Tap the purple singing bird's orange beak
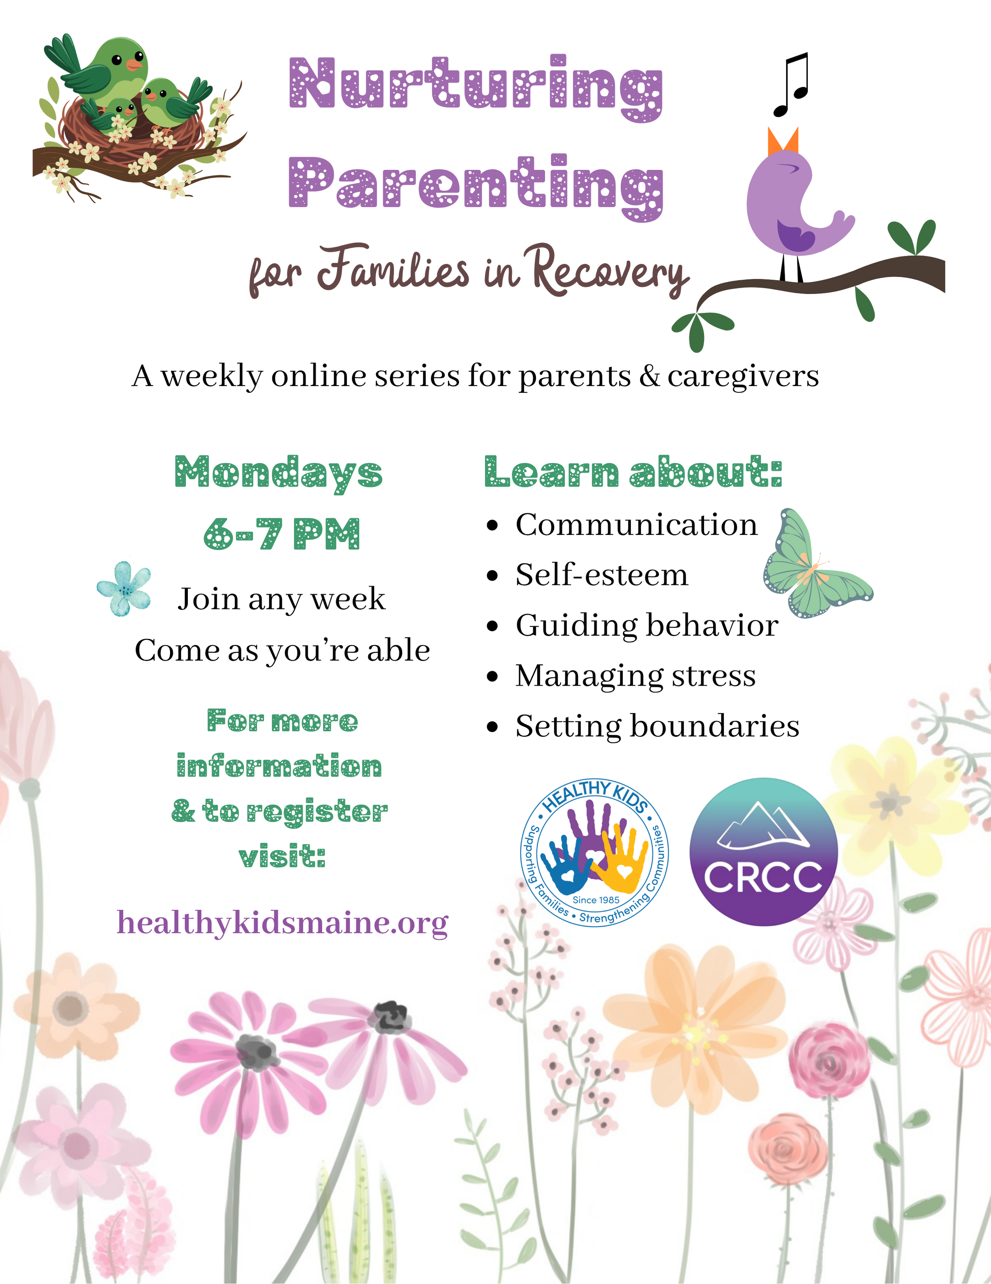782,141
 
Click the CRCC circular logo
763,852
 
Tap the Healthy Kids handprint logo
595,852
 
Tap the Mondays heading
278,473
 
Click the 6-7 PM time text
282,534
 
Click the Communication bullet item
636,525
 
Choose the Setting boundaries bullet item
657,726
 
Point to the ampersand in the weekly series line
649,376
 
